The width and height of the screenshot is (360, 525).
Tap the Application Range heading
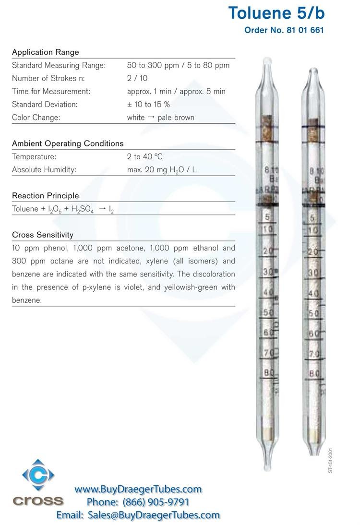coord(46,52)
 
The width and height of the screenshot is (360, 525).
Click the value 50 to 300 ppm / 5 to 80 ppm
coord(178,65)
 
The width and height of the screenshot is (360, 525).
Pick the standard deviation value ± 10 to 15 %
coord(148,104)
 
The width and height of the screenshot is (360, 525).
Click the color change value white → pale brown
coord(160,118)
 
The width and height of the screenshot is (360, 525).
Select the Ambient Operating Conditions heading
coord(68,143)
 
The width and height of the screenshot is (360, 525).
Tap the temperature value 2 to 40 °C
coord(144,156)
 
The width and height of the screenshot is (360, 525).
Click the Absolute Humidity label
coord(44,169)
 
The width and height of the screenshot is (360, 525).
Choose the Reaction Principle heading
coord(46,196)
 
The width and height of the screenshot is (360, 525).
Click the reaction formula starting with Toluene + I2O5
coord(63,209)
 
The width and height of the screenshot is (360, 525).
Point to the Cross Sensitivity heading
coord(43,235)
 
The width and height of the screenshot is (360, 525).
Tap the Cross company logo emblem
coord(38,475)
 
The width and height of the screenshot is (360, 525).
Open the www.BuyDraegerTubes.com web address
coord(138,489)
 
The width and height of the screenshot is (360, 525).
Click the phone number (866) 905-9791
coord(156,502)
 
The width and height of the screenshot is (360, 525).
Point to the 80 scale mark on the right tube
coord(314,373)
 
